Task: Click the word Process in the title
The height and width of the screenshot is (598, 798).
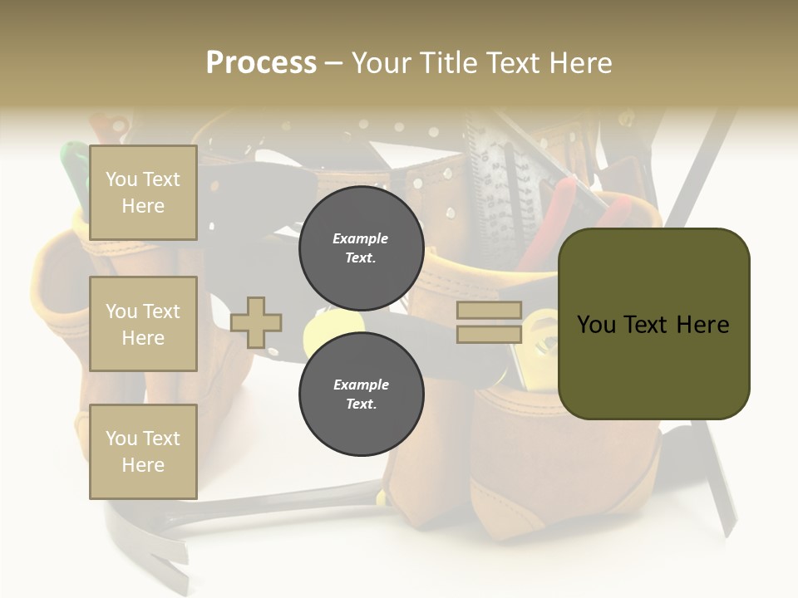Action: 261,63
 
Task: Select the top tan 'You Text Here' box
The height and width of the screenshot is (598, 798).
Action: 143,193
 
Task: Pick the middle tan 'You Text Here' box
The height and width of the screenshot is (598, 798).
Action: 143,324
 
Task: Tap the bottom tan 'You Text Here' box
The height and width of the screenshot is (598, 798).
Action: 143,451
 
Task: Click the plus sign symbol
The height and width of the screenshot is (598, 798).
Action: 256,322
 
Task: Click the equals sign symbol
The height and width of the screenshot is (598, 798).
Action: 489,322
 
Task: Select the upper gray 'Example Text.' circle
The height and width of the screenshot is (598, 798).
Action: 361,248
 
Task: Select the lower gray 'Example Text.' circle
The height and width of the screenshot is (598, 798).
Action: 361,395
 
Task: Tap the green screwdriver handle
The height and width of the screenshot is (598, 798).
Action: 74,166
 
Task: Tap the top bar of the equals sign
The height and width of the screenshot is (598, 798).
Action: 489,311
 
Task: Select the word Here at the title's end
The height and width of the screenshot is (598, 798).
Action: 579,63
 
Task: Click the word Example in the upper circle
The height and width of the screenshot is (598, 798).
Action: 361,238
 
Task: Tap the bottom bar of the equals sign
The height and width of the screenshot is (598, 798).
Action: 489,335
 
